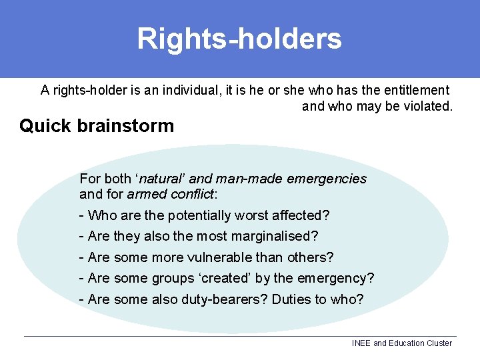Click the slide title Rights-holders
pyautogui.click(x=239, y=39)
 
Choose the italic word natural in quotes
pyautogui.click(x=162, y=179)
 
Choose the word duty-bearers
pyautogui.click(x=224, y=299)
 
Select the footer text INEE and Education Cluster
pyautogui.click(x=401, y=343)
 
